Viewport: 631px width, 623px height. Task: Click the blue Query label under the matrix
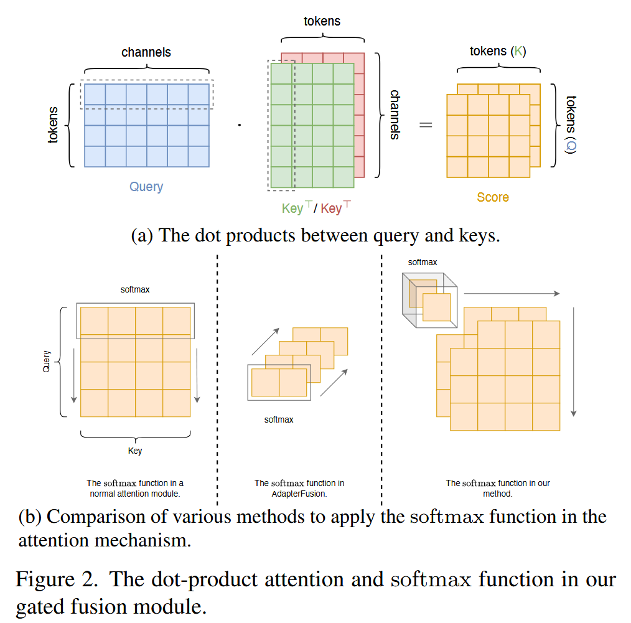coord(146,186)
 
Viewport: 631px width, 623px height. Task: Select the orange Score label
coord(493,197)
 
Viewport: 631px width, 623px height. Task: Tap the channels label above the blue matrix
coord(146,52)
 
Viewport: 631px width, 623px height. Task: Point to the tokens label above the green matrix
coord(322,21)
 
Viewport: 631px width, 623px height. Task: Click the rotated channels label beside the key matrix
coord(394,114)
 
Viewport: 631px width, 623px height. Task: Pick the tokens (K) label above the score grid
coord(497,51)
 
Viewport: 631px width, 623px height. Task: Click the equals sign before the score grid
coord(425,124)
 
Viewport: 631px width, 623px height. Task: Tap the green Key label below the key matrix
coord(292,208)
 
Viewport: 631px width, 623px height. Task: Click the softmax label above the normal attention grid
coord(135,289)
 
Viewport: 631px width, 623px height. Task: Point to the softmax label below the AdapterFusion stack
coord(279,419)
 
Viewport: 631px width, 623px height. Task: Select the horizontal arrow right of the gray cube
coord(512,293)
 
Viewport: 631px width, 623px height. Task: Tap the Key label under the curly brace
coord(135,451)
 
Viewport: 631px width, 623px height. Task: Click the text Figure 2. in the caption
coord(56,579)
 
